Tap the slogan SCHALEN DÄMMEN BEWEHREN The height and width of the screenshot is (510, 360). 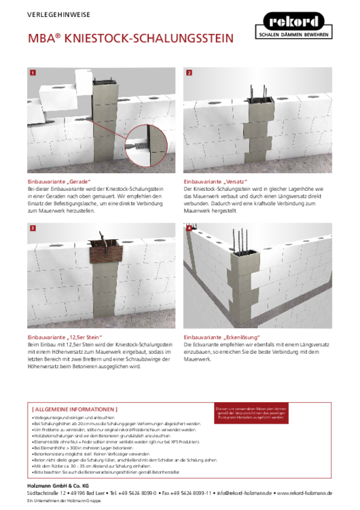pyautogui.click(x=294, y=33)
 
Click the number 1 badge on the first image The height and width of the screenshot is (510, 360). pyautogui.click(x=32, y=72)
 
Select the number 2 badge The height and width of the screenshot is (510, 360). pyautogui.click(x=189, y=72)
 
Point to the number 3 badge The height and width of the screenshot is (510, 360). pyautogui.click(x=32, y=229)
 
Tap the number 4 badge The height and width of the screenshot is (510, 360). pyautogui.click(x=189, y=229)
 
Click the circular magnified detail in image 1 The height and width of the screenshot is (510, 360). pyautogui.click(x=145, y=144)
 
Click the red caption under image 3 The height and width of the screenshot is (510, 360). pyautogui.click(x=65, y=337)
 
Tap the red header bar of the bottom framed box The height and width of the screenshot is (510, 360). pyautogui.click(x=74, y=410)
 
